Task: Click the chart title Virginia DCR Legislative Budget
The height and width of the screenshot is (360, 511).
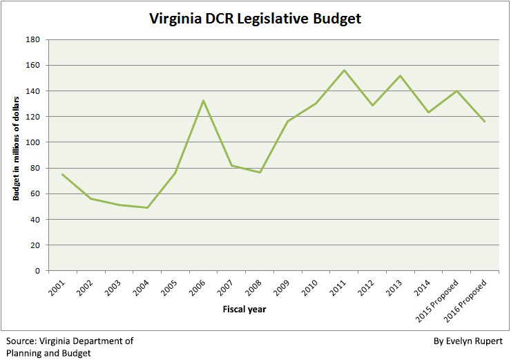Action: tap(256, 19)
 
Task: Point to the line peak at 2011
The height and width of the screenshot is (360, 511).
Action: tap(345, 70)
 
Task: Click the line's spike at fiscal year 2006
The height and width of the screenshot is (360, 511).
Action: tap(204, 100)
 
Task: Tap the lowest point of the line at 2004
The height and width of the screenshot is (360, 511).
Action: tap(147, 207)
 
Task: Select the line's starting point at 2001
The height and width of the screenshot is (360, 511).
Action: tap(62, 174)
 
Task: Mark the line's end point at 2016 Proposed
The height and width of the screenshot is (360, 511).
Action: tap(486, 122)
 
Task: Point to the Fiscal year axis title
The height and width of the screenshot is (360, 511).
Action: tap(245, 310)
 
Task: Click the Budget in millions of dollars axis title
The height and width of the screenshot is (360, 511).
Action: tap(15, 155)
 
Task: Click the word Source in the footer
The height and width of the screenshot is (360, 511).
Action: tap(22, 341)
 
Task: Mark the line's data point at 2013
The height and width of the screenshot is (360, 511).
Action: tap(401, 75)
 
